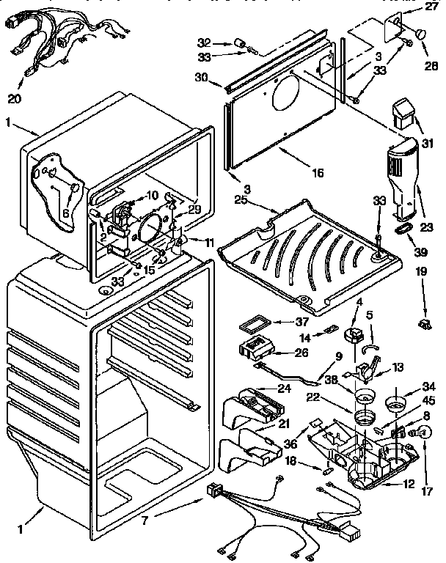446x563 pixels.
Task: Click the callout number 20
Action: [x=15, y=98]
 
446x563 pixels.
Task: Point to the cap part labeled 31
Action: [x=403, y=114]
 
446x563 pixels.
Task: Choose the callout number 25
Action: [x=241, y=200]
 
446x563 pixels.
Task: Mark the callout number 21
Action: [x=283, y=423]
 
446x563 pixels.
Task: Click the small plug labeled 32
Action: [x=240, y=44]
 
